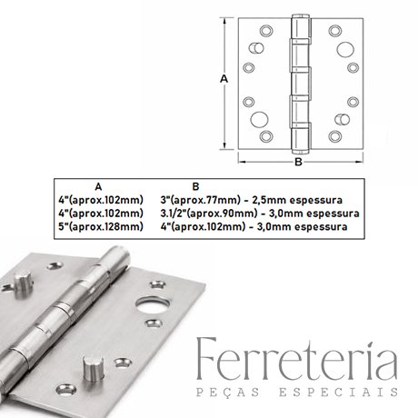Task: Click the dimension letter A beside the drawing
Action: (x=224, y=79)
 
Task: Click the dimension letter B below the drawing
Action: (x=298, y=162)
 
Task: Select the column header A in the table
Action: (x=98, y=187)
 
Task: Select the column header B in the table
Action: (x=196, y=186)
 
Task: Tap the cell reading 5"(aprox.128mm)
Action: (x=101, y=226)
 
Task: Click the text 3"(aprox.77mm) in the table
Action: (x=201, y=200)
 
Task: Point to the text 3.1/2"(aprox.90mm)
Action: (x=209, y=214)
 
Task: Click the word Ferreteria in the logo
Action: (x=297, y=361)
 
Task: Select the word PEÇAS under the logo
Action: (x=228, y=392)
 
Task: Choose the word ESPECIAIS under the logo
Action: (x=338, y=392)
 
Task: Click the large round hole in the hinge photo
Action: (x=153, y=305)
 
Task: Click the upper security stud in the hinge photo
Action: (x=24, y=284)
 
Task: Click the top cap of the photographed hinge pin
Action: (x=119, y=252)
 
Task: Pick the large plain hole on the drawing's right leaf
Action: (x=344, y=49)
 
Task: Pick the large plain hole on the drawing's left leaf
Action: (x=259, y=119)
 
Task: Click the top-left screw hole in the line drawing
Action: (x=266, y=31)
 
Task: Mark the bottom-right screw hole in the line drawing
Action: (x=335, y=136)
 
